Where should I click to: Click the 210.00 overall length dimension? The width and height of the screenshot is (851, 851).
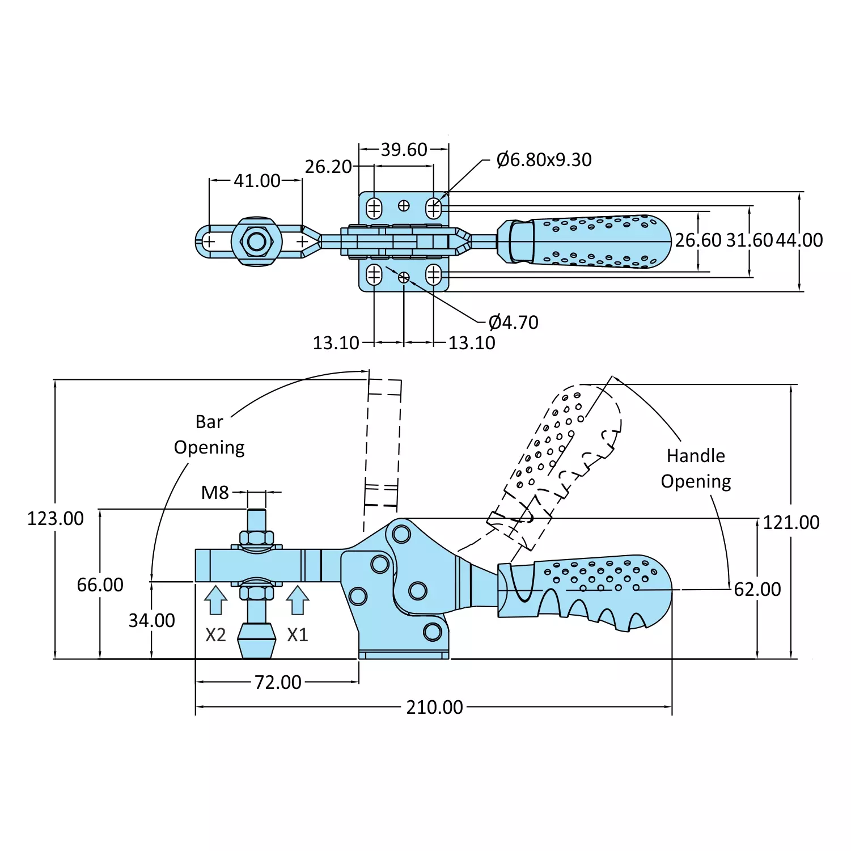(x=434, y=707)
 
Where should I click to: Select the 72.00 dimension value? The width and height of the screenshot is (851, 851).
(x=278, y=682)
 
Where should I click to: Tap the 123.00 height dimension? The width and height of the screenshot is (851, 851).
(x=56, y=518)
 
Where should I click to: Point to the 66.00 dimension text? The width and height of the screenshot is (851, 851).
(x=100, y=585)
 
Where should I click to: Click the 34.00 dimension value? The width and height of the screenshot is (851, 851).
(x=151, y=620)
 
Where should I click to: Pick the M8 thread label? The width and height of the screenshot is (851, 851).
(x=215, y=493)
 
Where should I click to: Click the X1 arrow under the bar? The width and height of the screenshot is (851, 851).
(x=297, y=600)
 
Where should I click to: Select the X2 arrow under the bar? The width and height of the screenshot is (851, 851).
(x=215, y=600)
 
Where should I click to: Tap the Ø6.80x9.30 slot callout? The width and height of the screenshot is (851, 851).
(x=544, y=160)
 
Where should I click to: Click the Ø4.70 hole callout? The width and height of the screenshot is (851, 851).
(x=513, y=322)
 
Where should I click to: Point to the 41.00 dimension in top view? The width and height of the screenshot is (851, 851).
(x=257, y=181)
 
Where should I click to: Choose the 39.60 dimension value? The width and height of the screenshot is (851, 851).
(x=404, y=150)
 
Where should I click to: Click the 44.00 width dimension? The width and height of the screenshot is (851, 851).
(x=799, y=240)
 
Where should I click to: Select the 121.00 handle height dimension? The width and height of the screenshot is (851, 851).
(x=791, y=522)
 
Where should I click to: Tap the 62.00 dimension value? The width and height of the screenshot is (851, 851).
(x=757, y=590)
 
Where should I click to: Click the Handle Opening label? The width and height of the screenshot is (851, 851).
(x=696, y=468)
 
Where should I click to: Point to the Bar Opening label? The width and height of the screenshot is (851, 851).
(x=209, y=434)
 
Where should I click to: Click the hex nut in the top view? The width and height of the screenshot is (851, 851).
(x=257, y=242)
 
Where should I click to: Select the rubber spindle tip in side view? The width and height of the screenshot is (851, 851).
(x=256, y=641)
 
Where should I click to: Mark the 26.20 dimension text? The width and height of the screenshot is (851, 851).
(x=328, y=167)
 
